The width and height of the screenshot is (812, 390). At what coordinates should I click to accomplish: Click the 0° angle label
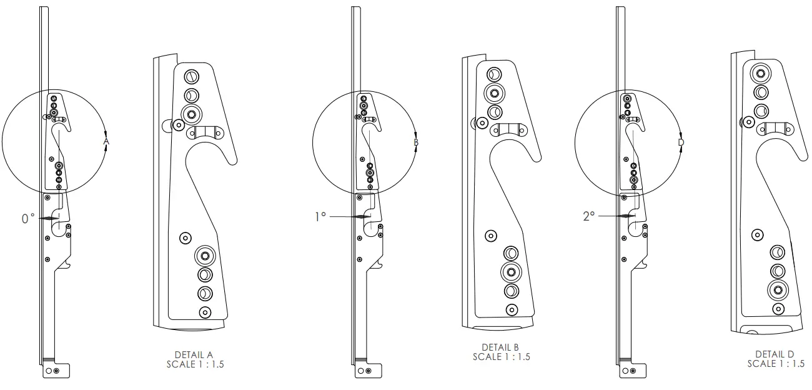[x=28, y=218]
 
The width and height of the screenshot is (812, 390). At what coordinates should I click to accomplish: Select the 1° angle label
[x=320, y=216]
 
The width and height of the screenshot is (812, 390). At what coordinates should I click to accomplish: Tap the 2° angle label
[x=588, y=216]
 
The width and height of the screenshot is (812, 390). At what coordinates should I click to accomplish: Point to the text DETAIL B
[x=501, y=347]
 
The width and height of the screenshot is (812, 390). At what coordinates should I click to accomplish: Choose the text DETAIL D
[x=775, y=354]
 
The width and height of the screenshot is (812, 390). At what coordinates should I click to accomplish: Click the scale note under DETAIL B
[x=501, y=357]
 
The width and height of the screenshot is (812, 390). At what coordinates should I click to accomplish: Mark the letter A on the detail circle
[x=106, y=142]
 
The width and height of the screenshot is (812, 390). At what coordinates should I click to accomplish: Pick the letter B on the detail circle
[x=416, y=142]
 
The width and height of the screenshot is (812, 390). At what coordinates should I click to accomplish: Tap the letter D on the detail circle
[x=681, y=142]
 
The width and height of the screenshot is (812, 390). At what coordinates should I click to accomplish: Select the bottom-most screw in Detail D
[x=778, y=309]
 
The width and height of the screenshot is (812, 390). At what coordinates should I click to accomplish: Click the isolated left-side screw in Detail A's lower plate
[x=184, y=238]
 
